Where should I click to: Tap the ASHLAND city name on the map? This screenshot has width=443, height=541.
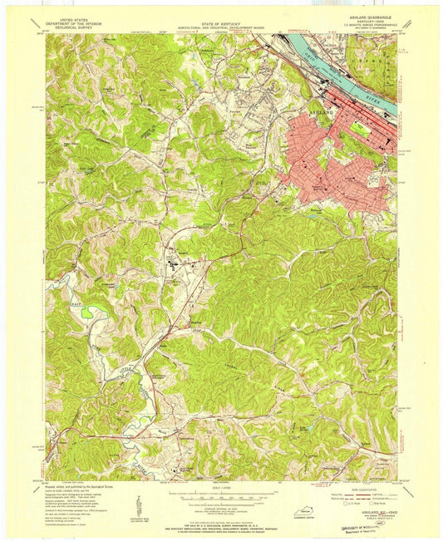[325, 110]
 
